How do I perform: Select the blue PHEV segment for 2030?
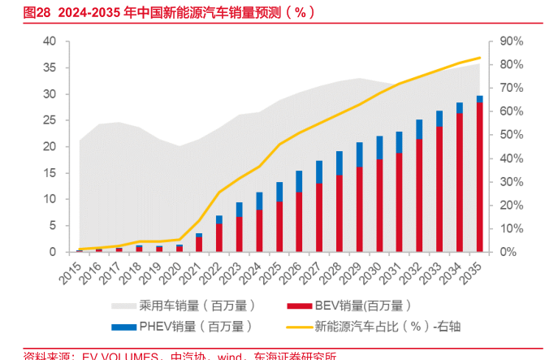pos(379,147)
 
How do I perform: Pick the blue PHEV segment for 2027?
pos(319,171)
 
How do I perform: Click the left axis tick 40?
pos(50,41)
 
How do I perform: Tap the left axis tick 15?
pos(50,173)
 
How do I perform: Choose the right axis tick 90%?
pos(511,41)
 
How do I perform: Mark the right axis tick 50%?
pos(511,135)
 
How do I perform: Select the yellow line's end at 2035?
pos(479,58)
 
